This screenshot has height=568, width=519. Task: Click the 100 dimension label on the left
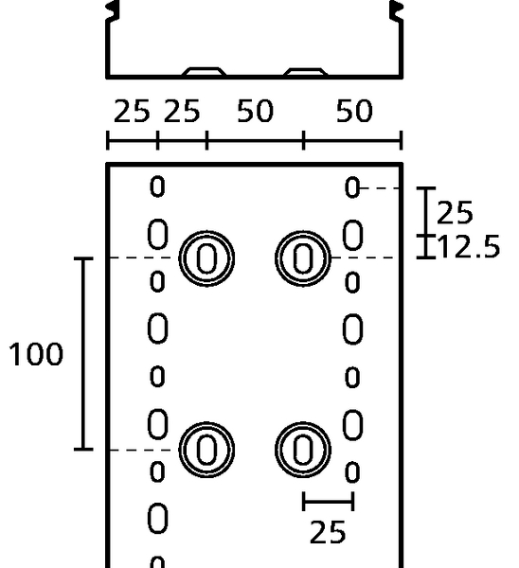pos(36,354)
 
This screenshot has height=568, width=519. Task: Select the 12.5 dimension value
pos(469,246)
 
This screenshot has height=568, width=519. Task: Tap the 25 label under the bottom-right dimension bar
pos(328,532)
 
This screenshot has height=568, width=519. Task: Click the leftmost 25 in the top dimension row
pos(132,111)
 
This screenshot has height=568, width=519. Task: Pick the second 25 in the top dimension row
pos(182,111)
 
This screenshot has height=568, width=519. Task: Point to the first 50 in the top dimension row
pos(255,111)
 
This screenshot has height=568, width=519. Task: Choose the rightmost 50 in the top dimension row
pos(354,111)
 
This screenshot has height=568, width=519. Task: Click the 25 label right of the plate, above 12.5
pos(455,212)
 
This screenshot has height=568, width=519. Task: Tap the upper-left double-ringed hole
pos(206,258)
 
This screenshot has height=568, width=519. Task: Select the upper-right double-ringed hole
pos(303,258)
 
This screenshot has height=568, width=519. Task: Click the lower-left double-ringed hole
pos(206,450)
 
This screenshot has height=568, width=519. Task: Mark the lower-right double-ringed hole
pos(303,450)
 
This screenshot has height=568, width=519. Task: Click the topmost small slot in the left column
pos(157,186)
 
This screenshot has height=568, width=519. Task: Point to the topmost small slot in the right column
pos(352,186)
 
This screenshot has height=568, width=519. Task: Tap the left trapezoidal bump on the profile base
pos(204,71)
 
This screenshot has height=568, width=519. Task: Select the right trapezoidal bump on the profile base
pos(306,71)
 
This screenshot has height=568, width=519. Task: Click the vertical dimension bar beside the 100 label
pos(83,354)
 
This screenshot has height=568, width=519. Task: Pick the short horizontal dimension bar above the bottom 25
pos(328,502)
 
